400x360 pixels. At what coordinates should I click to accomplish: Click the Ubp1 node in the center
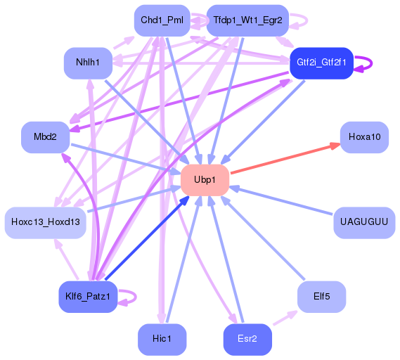coord(205,180)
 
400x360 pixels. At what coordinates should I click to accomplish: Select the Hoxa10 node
coord(364,136)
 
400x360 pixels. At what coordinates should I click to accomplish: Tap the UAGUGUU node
coord(363,222)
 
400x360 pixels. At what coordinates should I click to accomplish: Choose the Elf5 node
coord(321,296)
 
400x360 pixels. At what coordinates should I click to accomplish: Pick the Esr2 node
coord(247,340)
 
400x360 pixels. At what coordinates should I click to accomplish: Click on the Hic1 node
coord(162,340)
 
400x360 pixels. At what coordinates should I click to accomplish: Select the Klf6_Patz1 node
coord(87,296)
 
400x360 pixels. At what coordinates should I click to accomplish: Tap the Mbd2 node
coord(45,136)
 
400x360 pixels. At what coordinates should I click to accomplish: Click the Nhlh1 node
coord(88,63)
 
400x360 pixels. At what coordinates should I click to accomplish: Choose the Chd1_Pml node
coord(162,20)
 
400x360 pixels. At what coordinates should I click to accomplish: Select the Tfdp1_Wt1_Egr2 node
coord(247,20)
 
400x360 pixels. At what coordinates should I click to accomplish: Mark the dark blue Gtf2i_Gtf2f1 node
coord(321,63)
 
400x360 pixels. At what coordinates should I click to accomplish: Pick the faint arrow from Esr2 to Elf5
coord(284,317)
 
